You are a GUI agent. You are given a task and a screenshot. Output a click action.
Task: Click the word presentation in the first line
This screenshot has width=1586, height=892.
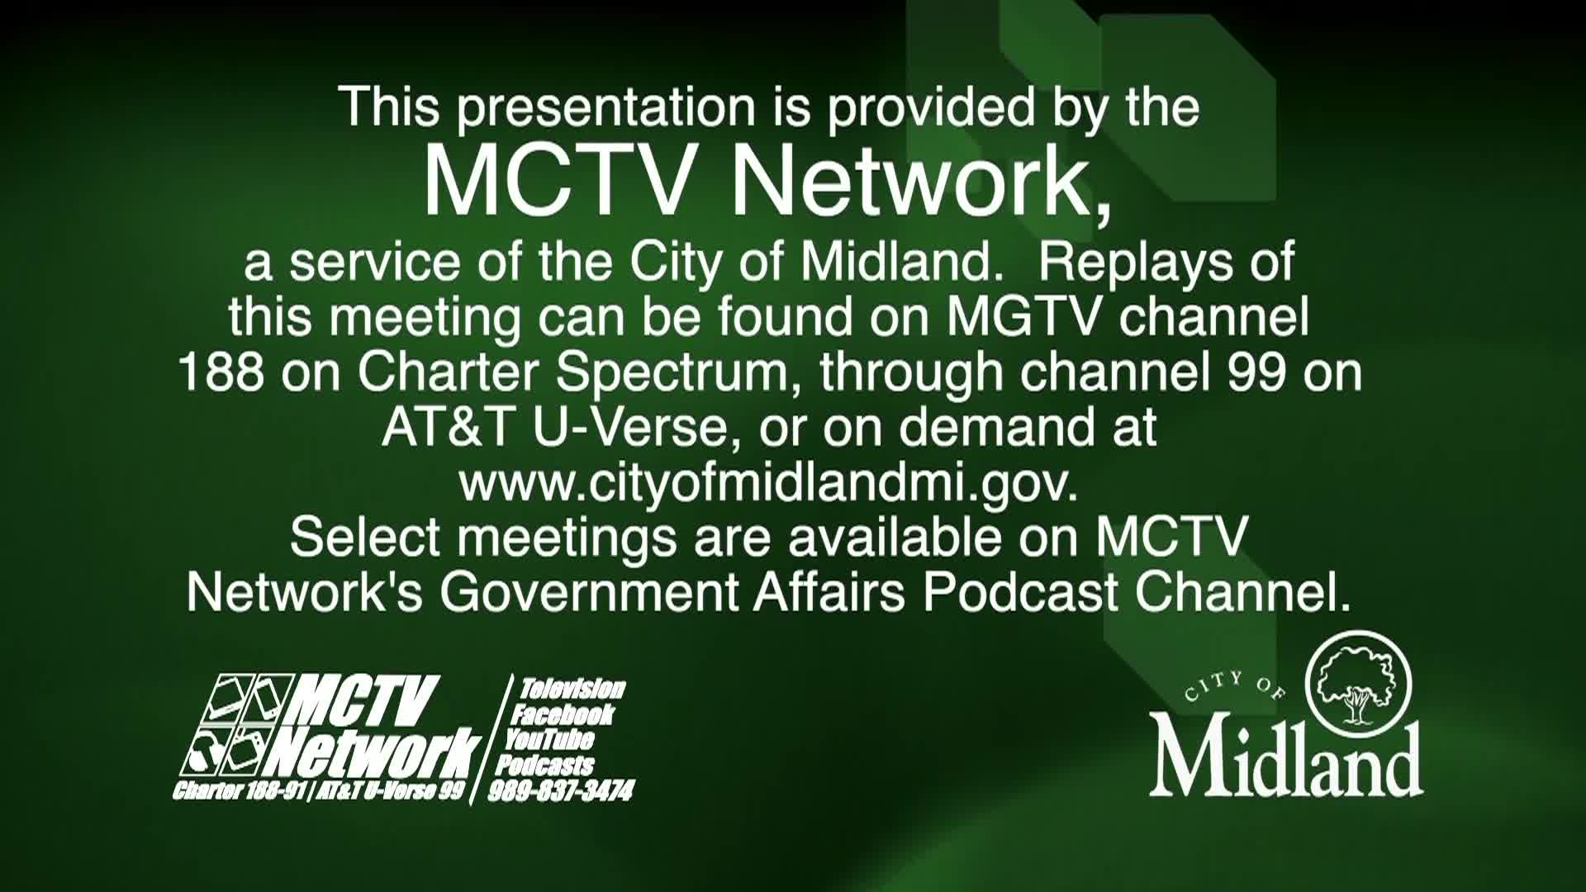click(x=605, y=109)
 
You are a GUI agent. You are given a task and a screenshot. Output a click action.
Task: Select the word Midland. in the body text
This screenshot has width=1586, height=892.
click(x=896, y=263)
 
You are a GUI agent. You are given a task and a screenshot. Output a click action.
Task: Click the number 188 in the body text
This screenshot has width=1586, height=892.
click(x=221, y=372)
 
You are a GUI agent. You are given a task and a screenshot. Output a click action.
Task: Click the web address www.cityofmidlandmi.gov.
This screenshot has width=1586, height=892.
click(x=769, y=484)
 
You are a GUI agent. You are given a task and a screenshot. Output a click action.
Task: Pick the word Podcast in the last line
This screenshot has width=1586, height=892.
click(x=1020, y=592)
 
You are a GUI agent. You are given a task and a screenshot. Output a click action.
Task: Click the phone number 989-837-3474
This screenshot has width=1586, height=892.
click(x=560, y=791)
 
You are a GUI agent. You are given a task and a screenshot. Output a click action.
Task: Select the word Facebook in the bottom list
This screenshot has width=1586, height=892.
click(x=562, y=714)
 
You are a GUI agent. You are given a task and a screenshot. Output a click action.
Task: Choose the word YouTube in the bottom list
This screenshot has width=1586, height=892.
click(x=548, y=738)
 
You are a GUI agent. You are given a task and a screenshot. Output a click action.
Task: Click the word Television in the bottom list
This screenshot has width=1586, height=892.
click(x=571, y=690)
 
